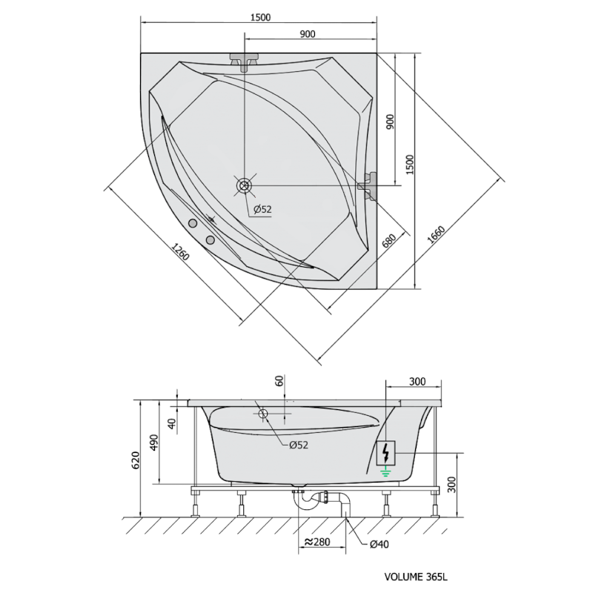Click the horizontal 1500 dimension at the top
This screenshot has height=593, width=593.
pyautogui.click(x=261, y=17)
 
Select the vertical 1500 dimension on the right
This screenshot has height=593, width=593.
pyautogui.click(x=410, y=164)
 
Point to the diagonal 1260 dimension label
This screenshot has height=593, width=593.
pyautogui.click(x=180, y=252)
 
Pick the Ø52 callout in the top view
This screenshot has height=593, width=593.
pyautogui.click(x=262, y=209)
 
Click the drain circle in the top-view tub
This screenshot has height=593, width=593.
pyautogui.click(x=244, y=186)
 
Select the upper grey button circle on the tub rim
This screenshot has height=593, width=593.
pyautogui.click(x=193, y=224)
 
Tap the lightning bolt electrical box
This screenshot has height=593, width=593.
pyautogui.click(x=385, y=453)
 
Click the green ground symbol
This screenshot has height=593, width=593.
pyautogui.click(x=385, y=471)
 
